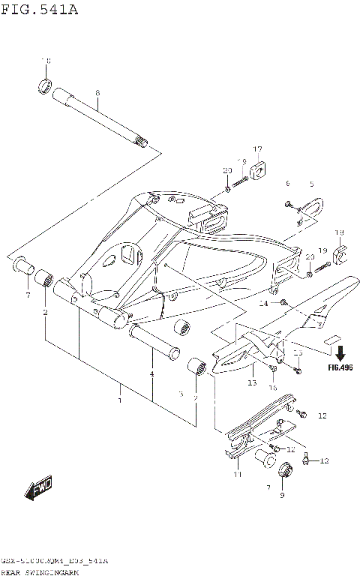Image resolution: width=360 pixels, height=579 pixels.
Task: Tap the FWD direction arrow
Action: tap(37, 488)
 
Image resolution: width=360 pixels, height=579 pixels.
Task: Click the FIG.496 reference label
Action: tap(340, 367)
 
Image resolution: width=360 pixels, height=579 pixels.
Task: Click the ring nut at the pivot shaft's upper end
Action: tap(45, 85)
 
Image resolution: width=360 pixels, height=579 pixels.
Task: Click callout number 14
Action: tap(263, 304)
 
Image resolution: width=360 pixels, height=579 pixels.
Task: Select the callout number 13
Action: tap(252, 382)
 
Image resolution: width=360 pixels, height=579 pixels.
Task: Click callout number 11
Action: tap(237, 475)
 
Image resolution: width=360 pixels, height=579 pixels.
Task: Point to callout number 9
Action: tap(282, 495)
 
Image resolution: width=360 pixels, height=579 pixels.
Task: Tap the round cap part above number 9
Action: tap(285, 472)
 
